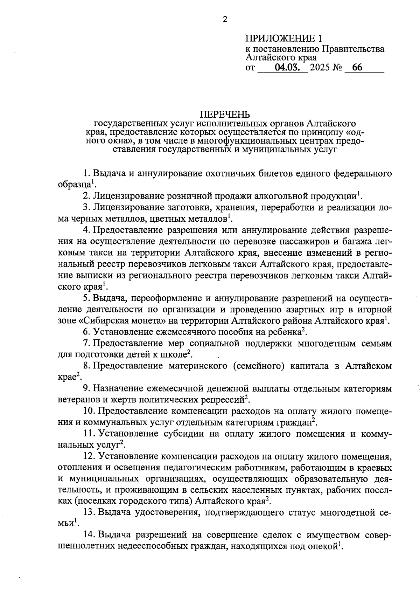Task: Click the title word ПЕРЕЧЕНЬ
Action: point(225,114)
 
